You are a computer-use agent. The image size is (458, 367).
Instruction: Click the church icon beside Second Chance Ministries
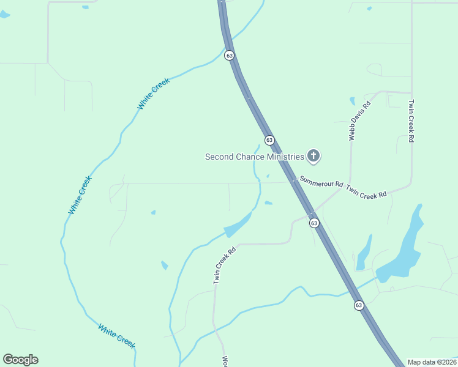[313, 157]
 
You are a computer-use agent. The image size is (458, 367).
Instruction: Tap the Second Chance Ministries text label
[254, 157]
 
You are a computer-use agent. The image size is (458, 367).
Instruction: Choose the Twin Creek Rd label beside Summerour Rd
[366, 191]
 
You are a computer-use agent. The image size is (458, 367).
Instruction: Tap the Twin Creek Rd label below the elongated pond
[224, 265]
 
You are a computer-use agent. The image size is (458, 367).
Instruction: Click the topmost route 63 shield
[229, 55]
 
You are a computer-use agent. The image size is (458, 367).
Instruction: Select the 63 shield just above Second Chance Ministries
[269, 140]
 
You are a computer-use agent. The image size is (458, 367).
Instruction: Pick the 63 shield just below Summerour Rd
[314, 223]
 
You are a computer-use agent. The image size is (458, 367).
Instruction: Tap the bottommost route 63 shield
[359, 305]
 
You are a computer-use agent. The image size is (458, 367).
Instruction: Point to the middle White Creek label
[80, 195]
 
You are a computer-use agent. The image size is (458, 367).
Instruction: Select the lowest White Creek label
[116, 336]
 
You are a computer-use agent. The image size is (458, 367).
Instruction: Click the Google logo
[20, 360]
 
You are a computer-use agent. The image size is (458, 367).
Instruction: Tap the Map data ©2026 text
[432, 362]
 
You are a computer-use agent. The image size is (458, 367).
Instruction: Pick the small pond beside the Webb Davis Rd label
[352, 101]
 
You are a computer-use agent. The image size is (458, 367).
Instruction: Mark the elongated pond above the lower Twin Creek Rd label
[238, 225]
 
